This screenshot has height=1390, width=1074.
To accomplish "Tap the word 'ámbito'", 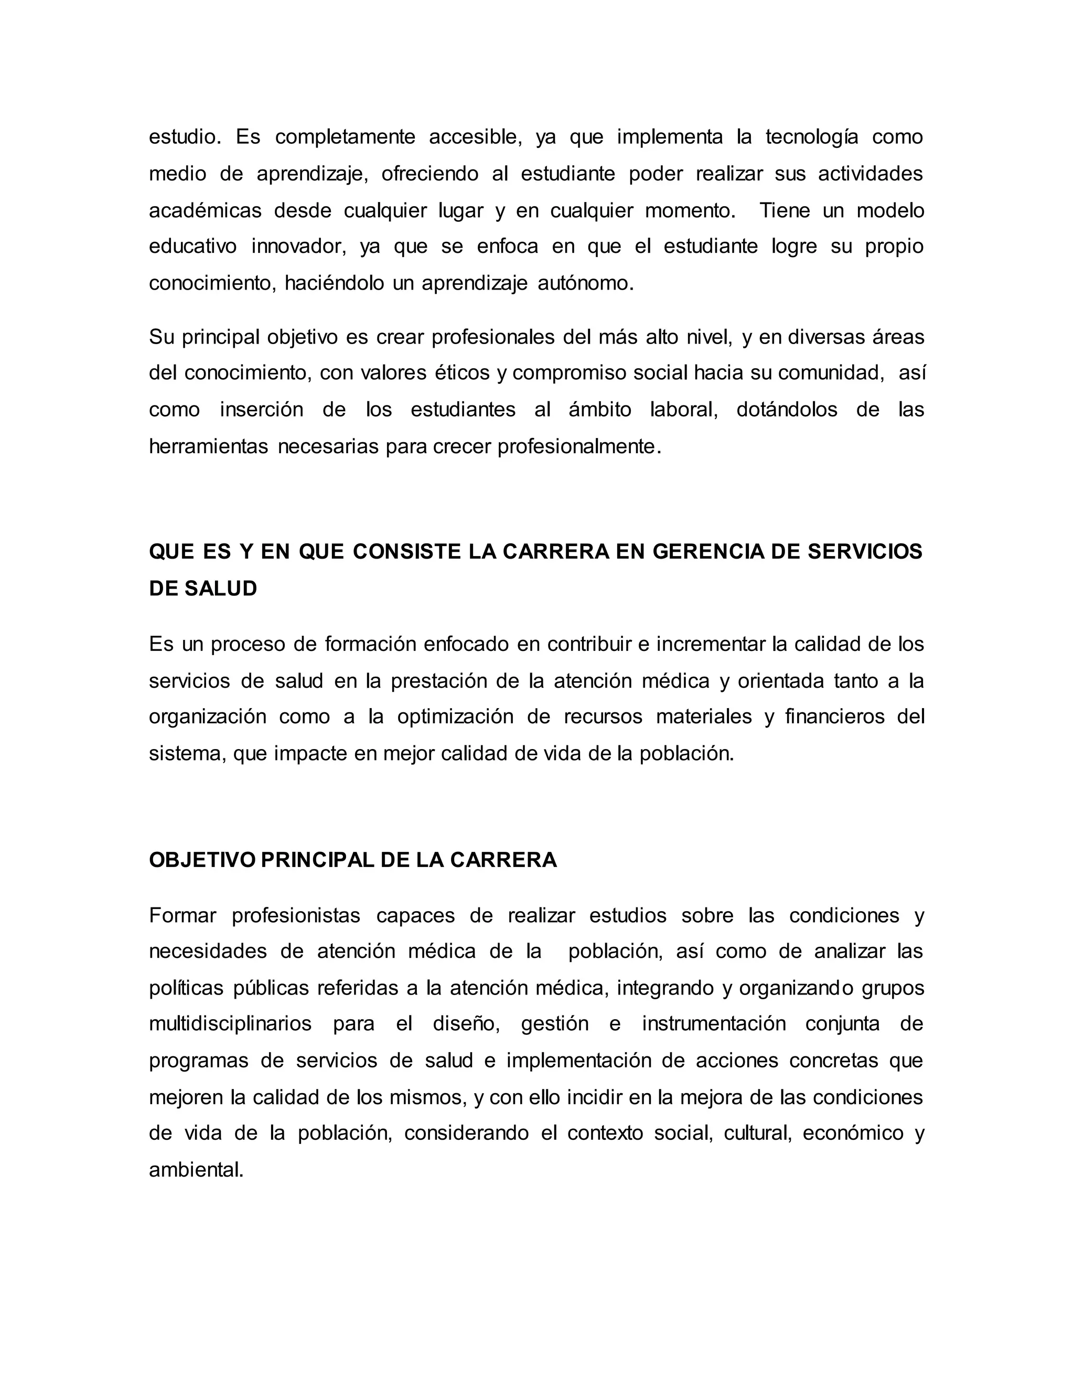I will click(599, 409).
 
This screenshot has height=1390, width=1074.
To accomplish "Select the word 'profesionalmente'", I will click(579, 447).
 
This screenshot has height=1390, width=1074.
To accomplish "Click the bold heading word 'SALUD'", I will click(221, 589).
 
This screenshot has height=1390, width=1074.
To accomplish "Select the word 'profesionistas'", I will click(296, 916).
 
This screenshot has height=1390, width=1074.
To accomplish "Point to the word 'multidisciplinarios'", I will click(230, 1024).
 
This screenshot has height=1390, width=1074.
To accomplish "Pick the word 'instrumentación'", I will click(714, 1024).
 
